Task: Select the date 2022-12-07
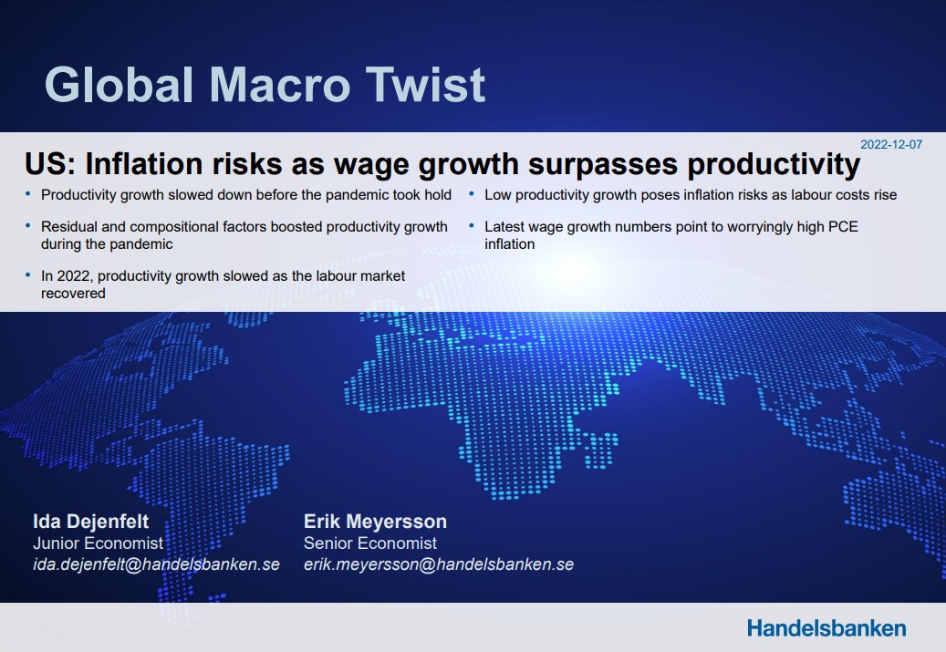click(x=891, y=144)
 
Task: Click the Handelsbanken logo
click(x=826, y=627)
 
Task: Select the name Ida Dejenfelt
click(x=90, y=522)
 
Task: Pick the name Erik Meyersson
click(x=375, y=522)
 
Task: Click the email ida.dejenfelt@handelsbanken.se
click(x=156, y=564)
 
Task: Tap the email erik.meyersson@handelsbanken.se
click(x=439, y=564)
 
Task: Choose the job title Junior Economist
click(x=98, y=543)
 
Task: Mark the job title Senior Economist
click(x=370, y=543)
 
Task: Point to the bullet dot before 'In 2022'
click(x=28, y=274)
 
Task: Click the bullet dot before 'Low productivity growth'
click(x=472, y=193)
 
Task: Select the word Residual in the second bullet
click(x=67, y=226)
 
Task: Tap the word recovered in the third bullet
click(x=74, y=294)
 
